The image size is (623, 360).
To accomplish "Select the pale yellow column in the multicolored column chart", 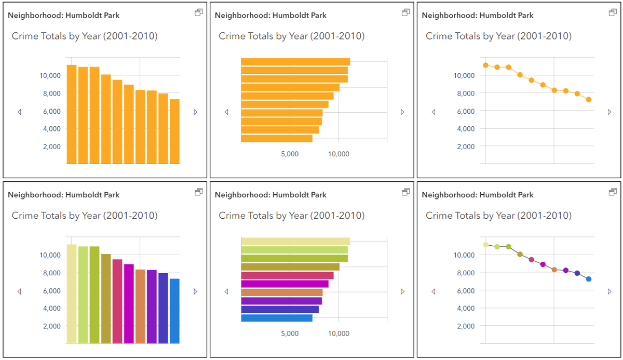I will [x=72, y=294].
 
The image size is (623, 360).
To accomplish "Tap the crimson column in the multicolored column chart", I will [x=117, y=301].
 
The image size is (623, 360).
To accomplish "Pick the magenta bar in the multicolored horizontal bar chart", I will [x=285, y=284].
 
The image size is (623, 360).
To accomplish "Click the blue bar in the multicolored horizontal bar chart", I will [x=277, y=318].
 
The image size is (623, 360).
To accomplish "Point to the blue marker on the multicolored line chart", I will [x=588, y=279].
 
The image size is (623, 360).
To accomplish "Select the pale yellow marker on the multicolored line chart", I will [x=485, y=245].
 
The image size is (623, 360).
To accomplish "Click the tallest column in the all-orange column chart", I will [x=72, y=114].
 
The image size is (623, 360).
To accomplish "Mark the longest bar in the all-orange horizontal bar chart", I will [x=295, y=62].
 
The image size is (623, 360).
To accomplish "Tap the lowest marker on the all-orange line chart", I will [x=588, y=99].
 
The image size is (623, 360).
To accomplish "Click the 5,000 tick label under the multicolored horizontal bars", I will [x=290, y=334].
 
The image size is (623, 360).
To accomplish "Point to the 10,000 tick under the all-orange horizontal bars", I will [x=338, y=154].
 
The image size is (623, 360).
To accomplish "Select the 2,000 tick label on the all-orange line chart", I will [x=466, y=146].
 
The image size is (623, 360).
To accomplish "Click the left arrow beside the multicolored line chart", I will [x=434, y=291].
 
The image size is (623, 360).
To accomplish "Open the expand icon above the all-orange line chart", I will [x=613, y=12].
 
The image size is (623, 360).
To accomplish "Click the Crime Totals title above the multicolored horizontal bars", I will [x=291, y=216].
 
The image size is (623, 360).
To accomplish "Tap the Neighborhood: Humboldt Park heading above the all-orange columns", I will [x=64, y=16].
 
